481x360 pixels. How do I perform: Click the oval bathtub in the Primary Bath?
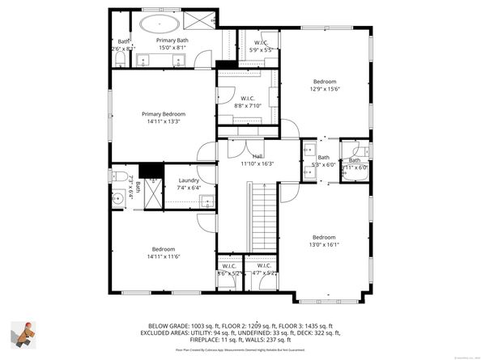click(x=161, y=23)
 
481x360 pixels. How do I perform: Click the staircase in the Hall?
click(x=260, y=210)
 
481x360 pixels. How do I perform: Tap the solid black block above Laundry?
click(x=147, y=171)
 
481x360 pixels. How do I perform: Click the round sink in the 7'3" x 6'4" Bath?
click(x=118, y=197)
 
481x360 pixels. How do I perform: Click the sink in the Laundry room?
click(x=206, y=201)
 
